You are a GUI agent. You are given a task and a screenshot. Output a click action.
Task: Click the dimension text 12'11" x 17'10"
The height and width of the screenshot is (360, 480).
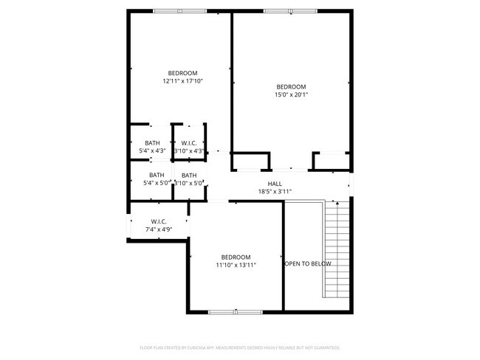[x=182, y=81]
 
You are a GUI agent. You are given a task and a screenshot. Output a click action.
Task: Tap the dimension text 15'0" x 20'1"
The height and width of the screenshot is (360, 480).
[x=291, y=94]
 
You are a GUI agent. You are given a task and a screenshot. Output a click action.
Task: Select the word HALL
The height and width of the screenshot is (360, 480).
[x=275, y=184]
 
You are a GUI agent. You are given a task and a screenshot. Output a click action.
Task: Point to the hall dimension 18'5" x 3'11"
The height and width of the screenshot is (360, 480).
[x=275, y=192]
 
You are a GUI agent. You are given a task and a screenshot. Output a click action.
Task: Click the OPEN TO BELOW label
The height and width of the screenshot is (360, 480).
[x=308, y=263]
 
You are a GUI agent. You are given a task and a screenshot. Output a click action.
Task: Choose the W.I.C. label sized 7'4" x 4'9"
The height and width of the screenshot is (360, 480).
[x=159, y=221]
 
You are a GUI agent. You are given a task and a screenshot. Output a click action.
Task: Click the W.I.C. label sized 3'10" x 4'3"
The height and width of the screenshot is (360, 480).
[x=189, y=143]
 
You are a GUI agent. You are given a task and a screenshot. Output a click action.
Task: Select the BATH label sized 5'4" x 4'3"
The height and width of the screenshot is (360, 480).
[x=152, y=143]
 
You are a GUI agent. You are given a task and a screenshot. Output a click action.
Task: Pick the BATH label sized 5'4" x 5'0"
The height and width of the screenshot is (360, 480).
[x=152, y=176]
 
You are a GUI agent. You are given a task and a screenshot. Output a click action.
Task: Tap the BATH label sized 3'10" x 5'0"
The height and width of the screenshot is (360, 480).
[x=189, y=176]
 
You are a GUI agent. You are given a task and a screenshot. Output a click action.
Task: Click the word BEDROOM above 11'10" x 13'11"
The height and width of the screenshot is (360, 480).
[x=236, y=257]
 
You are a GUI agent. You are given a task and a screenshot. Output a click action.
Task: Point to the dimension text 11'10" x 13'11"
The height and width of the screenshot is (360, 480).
[x=236, y=265]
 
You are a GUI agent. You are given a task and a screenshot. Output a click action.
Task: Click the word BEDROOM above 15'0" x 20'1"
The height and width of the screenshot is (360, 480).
[x=291, y=86]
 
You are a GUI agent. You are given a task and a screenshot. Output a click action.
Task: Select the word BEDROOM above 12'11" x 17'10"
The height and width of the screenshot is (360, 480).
[x=182, y=73]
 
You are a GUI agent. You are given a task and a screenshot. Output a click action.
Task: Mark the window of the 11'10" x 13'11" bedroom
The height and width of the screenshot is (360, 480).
[x=236, y=312]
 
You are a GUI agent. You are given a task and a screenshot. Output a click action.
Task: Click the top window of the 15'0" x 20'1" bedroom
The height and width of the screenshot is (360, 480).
[x=289, y=11]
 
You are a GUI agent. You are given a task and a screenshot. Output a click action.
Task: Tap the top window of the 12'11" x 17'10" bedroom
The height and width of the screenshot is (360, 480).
[x=179, y=11]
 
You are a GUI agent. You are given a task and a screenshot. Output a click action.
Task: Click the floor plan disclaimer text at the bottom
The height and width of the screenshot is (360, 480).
[x=239, y=347]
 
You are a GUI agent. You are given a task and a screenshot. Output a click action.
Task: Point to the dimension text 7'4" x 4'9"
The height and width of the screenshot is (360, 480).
[x=159, y=229]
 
